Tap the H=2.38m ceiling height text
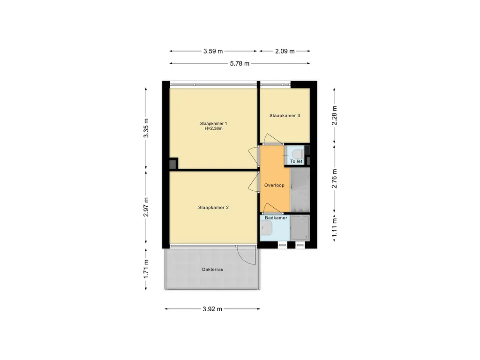click(213, 128)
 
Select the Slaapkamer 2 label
click(213, 207)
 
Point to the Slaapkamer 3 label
click(285, 115)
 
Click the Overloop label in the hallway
click(274, 185)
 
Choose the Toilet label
click(296, 161)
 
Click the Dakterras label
click(212, 270)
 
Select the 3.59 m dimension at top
click(213, 51)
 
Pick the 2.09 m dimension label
click(285, 51)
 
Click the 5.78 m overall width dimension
click(240, 63)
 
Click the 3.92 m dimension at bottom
click(212, 309)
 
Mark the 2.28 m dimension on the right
click(334, 115)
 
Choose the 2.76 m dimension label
click(334, 179)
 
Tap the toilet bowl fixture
click(297, 153)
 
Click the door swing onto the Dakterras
click(247, 255)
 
